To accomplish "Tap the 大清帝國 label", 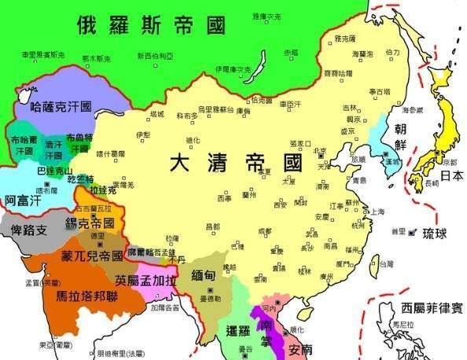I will pos(236,165).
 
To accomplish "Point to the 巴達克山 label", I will pos(54,170).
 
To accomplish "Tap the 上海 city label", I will pos(377,211).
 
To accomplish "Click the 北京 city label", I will pos(320,151).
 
